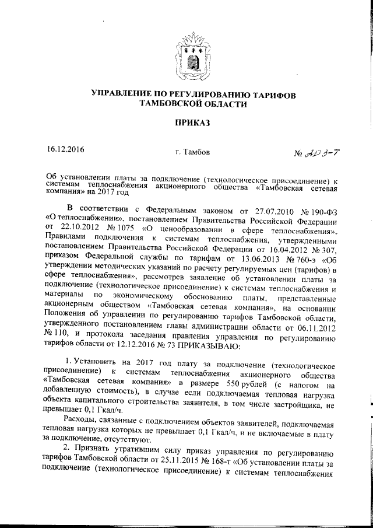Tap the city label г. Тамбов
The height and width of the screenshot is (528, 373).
click(192, 153)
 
